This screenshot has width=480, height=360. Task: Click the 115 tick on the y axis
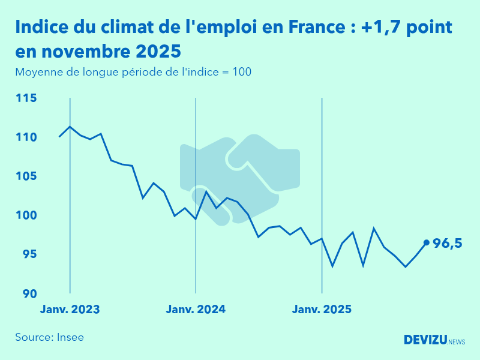tap(26, 98)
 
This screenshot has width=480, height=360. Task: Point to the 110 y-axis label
tap(26, 137)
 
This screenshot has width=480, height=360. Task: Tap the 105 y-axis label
tap(26, 176)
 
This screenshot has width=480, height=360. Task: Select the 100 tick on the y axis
tap(26, 215)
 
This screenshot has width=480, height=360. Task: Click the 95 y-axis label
tap(28, 254)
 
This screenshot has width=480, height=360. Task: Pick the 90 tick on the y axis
tap(28, 293)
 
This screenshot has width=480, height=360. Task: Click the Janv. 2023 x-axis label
tap(70, 310)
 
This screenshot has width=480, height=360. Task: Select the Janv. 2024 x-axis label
tap(196, 310)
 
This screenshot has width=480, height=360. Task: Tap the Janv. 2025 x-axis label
tap(322, 310)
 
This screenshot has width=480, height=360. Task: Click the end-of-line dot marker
tap(427, 242)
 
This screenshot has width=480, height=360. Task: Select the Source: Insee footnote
tap(49, 337)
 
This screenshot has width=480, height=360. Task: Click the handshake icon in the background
tap(240, 180)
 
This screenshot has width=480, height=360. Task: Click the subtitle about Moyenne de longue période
tap(133, 72)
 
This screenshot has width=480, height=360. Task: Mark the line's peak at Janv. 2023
tap(70, 127)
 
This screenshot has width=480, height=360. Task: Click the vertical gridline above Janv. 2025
tap(322, 180)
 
